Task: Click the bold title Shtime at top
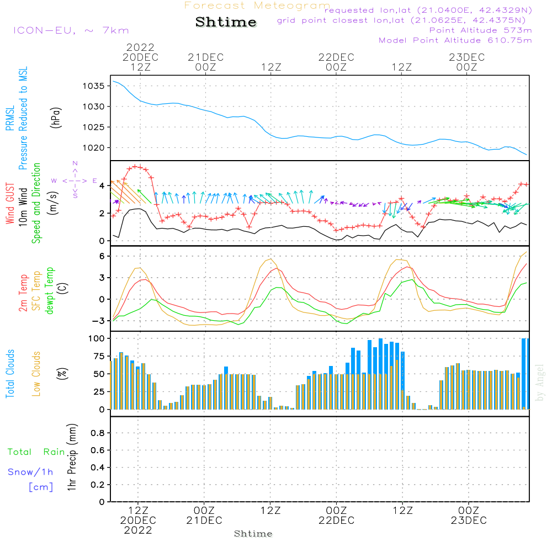click(x=226, y=22)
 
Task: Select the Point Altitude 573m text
click(x=480, y=30)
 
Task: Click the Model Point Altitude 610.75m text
click(x=455, y=40)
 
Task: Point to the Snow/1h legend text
click(x=31, y=472)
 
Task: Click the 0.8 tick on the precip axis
click(x=97, y=433)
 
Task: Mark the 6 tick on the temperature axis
click(x=101, y=256)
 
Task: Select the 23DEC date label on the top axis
click(x=466, y=57)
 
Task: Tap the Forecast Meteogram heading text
click(x=257, y=6)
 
